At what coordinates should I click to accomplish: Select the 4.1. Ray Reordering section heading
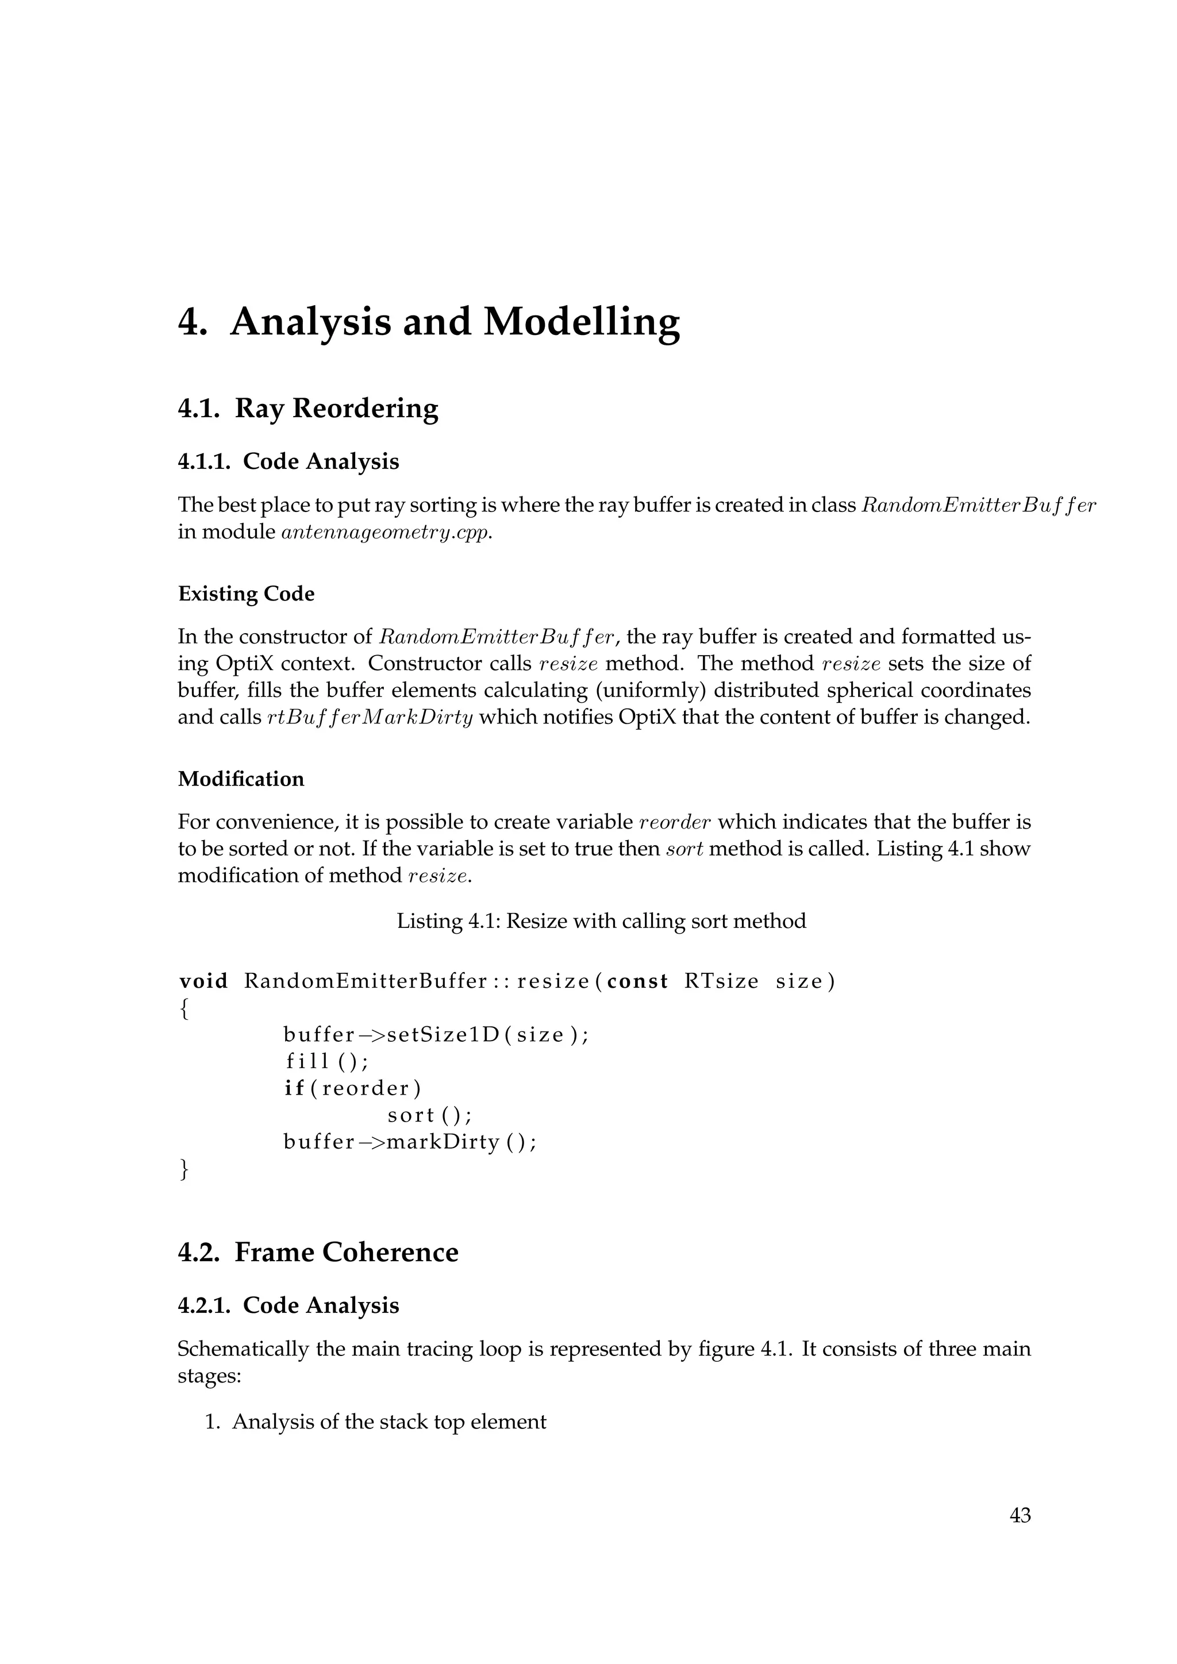click(308, 409)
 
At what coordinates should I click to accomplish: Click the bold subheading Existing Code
click(247, 594)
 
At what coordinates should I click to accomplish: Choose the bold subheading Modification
click(241, 779)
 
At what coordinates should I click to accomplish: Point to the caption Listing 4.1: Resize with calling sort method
click(601, 921)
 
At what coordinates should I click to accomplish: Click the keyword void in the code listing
click(203, 981)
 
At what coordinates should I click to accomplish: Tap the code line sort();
click(430, 1115)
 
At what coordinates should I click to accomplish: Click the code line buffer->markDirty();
click(410, 1142)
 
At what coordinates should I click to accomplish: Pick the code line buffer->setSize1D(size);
click(436, 1035)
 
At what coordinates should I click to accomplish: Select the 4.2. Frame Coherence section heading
click(318, 1253)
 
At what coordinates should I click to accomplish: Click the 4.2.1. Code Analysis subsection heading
click(289, 1305)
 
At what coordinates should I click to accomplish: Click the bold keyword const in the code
click(637, 981)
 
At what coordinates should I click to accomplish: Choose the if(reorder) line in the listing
click(352, 1089)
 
